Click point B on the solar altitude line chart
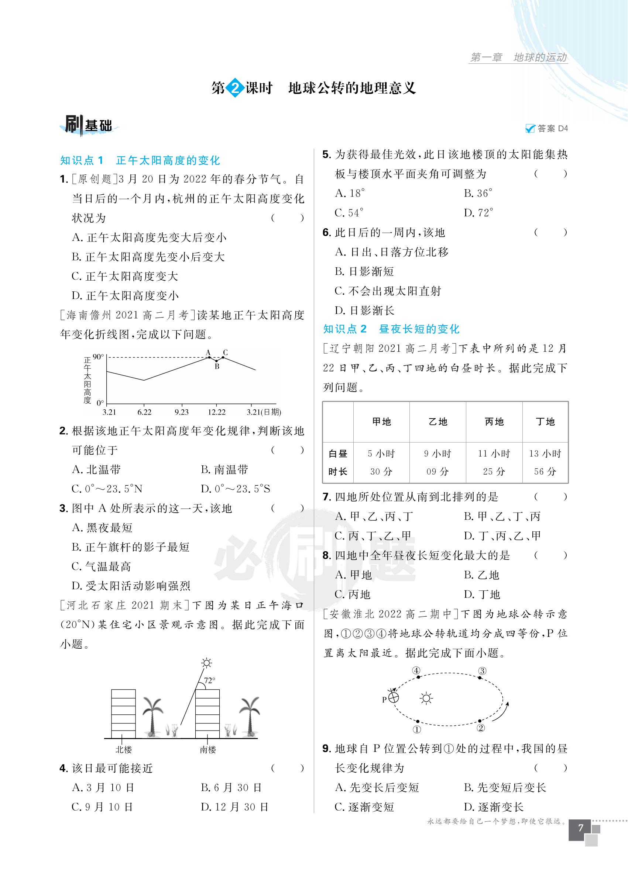pyautogui.click(x=216, y=361)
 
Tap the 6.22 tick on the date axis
pyautogui.click(x=144, y=412)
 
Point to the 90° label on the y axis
pyautogui.click(x=98, y=357)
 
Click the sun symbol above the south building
pyautogui.click(x=207, y=663)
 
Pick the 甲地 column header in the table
pyautogui.click(x=381, y=422)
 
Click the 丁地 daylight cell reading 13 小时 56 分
pyautogui.click(x=545, y=462)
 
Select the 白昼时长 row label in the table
pyautogui.click(x=338, y=462)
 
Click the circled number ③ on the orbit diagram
pyautogui.click(x=482, y=671)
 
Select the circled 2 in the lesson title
pyautogui.click(x=235, y=88)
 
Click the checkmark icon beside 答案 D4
pyautogui.click(x=530, y=129)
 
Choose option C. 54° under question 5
pyautogui.click(x=350, y=213)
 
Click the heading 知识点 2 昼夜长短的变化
pyautogui.click(x=391, y=329)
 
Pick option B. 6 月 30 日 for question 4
pyautogui.click(x=231, y=788)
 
